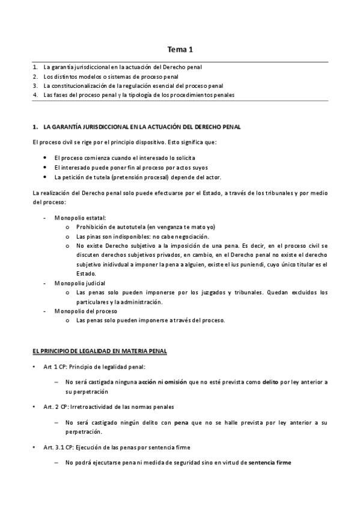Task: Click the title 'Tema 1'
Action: tap(180, 51)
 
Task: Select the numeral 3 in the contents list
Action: tap(35, 86)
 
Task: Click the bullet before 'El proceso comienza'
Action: tap(46, 157)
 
